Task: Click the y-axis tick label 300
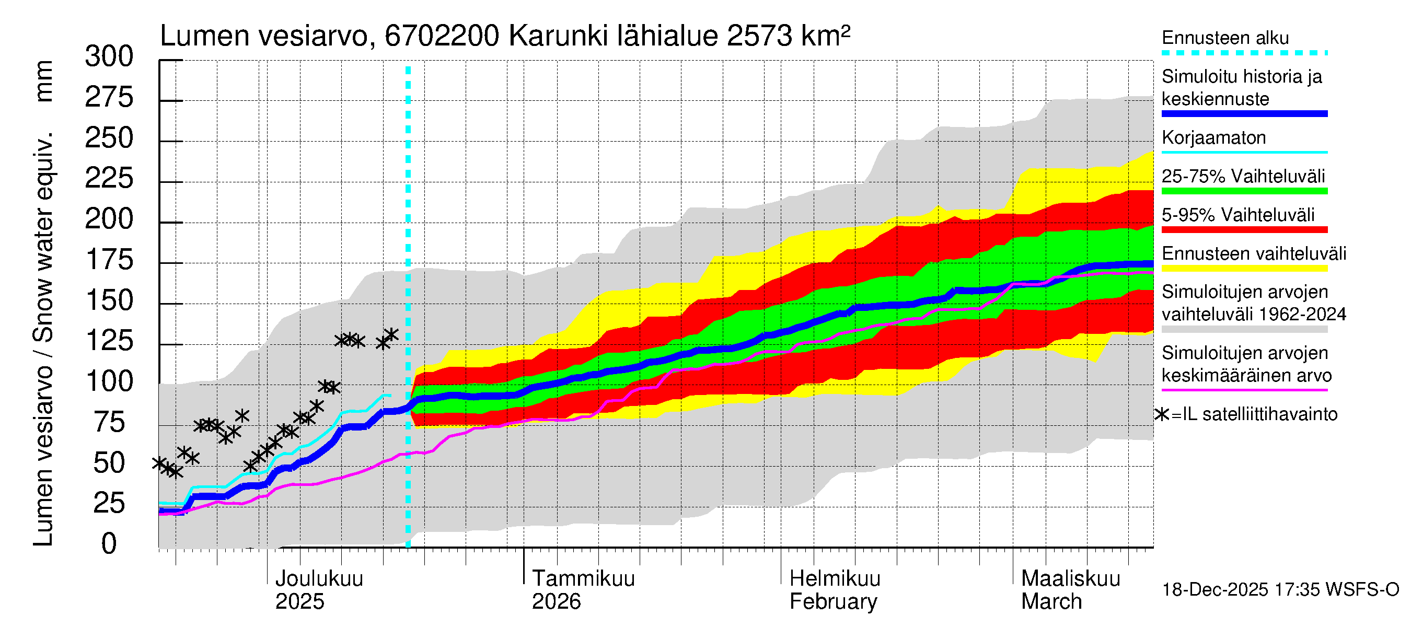[x=109, y=57]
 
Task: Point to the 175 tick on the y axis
[x=109, y=260]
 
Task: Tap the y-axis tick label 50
[x=109, y=463]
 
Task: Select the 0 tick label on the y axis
[x=109, y=544]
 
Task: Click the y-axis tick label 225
[x=109, y=179]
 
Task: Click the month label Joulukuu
[x=319, y=579]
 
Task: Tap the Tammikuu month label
[x=583, y=579]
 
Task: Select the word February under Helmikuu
[x=833, y=602]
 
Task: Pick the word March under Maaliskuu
[x=1051, y=602]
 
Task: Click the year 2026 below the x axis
[x=556, y=602]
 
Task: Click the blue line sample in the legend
[x=1244, y=114]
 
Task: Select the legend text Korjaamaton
[x=1213, y=138]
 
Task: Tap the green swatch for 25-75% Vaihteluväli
[x=1244, y=191]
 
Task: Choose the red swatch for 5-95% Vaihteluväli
[x=1244, y=230]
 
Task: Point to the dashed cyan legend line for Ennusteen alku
[x=1244, y=53]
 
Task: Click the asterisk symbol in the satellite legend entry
[x=1161, y=414]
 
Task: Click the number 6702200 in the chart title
[x=442, y=37]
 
